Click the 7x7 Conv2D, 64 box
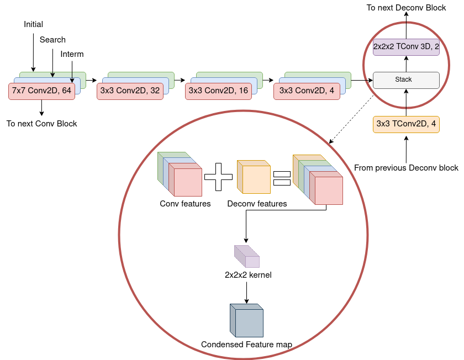[x=41, y=91]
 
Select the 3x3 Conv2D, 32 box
[x=130, y=91]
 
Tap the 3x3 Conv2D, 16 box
[x=218, y=91]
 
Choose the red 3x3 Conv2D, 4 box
[x=307, y=91]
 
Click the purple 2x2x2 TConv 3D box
[x=406, y=47]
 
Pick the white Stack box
[x=406, y=80]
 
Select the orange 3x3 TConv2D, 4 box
[x=406, y=125]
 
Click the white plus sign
[x=219, y=178]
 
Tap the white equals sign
[x=282, y=178]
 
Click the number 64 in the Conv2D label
[x=66, y=91]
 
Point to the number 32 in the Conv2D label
[x=154, y=91]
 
